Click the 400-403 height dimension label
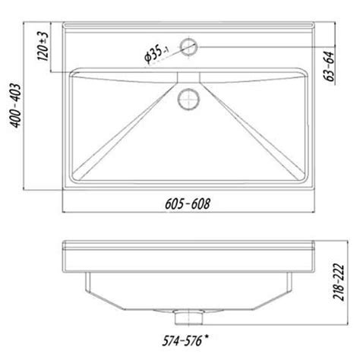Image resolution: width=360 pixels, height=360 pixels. click(x=15, y=106)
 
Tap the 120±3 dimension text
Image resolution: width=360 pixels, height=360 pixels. click(x=43, y=46)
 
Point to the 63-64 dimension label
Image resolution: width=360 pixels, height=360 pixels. click(x=329, y=66)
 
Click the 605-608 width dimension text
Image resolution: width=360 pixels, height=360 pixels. click(x=188, y=204)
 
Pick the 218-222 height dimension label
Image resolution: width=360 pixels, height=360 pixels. click(x=339, y=282)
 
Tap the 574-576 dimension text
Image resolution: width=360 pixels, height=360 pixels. click(x=182, y=340)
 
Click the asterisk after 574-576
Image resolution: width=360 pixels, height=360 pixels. click(x=207, y=337)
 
